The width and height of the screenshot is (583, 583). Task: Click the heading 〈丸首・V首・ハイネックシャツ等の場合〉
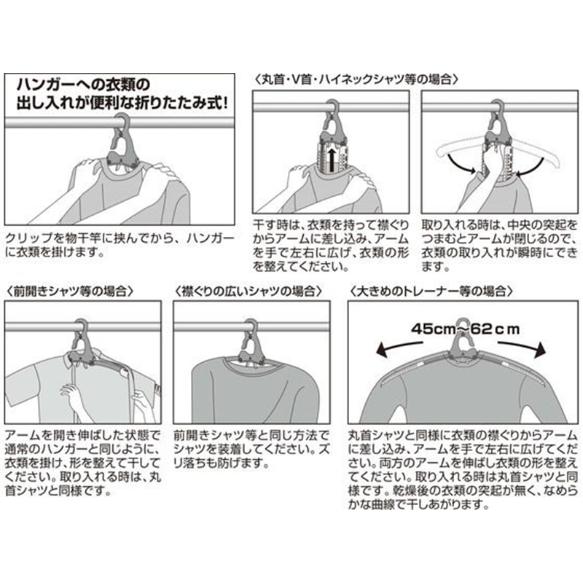tap(356, 77)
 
